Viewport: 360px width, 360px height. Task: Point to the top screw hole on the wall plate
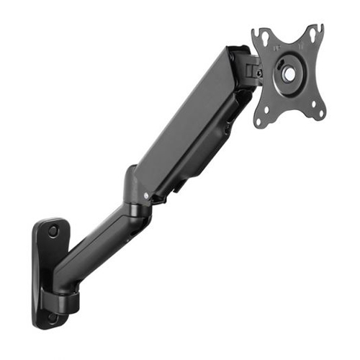pyautogui.click(x=53, y=231)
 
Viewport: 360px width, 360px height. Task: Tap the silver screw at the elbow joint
pyautogui.click(x=148, y=194)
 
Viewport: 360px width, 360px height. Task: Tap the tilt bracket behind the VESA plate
pyautogui.click(x=248, y=68)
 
